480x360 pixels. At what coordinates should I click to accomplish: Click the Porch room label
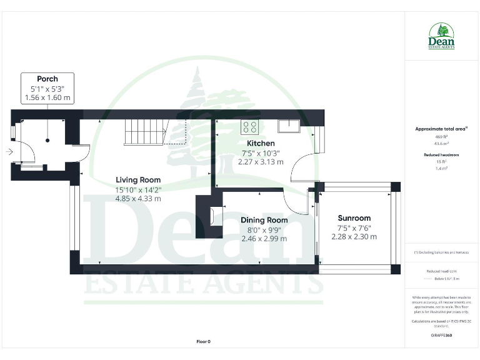click(x=47, y=79)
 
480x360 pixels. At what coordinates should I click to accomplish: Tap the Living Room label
click(x=137, y=180)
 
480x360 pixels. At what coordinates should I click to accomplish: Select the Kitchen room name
click(x=261, y=143)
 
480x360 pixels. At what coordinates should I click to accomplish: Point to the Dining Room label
click(x=264, y=220)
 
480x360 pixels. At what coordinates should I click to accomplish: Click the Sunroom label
click(x=354, y=218)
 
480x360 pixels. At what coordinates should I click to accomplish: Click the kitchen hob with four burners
click(x=250, y=127)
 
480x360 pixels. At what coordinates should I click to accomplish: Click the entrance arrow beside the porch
click(x=9, y=151)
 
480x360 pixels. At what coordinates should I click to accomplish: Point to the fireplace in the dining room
click(x=216, y=216)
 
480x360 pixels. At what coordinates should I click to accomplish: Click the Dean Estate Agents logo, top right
click(x=441, y=37)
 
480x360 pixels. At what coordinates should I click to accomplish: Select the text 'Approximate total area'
click(x=441, y=129)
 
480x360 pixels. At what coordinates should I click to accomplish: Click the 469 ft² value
click(x=441, y=136)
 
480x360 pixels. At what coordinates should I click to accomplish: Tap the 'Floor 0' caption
click(x=204, y=341)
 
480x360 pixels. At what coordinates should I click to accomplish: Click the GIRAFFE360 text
click(x=441, y=336)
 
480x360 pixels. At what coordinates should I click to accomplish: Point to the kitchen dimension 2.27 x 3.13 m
click(x=261, y=161)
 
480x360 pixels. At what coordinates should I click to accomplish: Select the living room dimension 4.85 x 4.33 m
click(x=137, y=198)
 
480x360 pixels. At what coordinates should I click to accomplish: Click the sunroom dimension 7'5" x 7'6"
click(x=354, y=227)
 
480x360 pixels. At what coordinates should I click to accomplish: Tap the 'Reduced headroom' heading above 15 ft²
click(x=441, y=154)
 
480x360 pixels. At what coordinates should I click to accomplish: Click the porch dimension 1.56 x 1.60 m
click(x=47, y=98)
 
